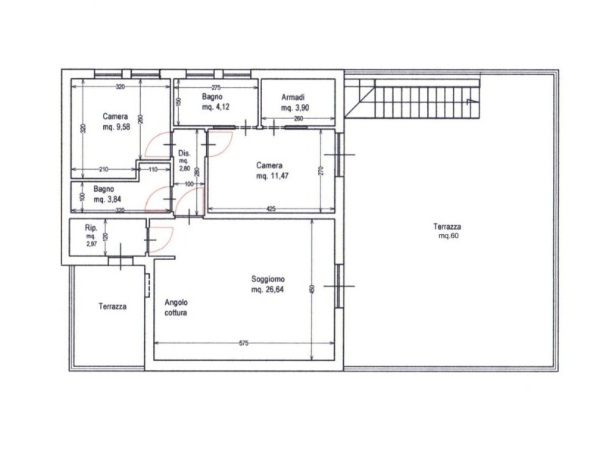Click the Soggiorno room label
pyautogui.click(x=268, y=279)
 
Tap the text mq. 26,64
pyautogui.click(x=267, y=290)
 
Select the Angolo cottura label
pyautogui.click(x=176, y=308)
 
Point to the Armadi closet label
pyautogui.click(x=292, y=97)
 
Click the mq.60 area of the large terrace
pyautogui.click(x=448, y=236)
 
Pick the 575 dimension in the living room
pyautogui.click(x=243, y=343)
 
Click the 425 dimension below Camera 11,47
pyautogui.click(x=271, y=209)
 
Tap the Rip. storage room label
pyautogui.click(x=91, y=228)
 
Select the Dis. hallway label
pyautogui.click(x=184, y=153)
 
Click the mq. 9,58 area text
pyautogui.click(x=117, y=127)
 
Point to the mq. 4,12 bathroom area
pyautogui.click(x=216, y=107)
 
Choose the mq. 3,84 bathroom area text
pyautogui.click(x=107, y=199)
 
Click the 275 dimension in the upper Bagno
pyautogui.click(x=216, y=87)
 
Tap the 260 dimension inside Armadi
pyautogui.click(x=298, y=118)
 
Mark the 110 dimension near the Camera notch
pyautogui.click(x=153, y=169)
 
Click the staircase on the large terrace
pyautogui.click(x=412, y=99)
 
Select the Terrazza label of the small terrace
pyautogui.click(x=112, y=306)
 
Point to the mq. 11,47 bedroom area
pyautogui.click(x=272, y=176)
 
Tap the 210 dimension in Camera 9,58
pyautogui.click(x=104, y=169)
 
